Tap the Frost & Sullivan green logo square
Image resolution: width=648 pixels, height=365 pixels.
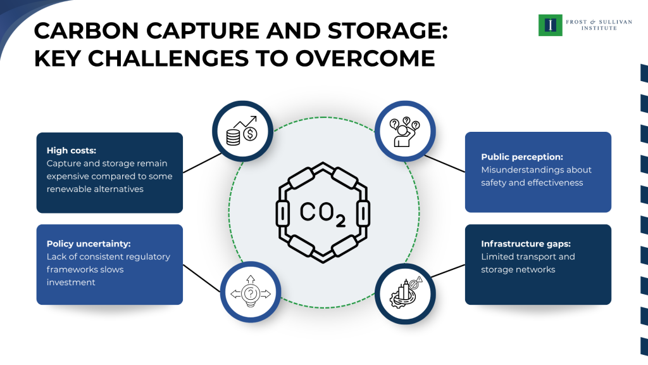coord(550,25)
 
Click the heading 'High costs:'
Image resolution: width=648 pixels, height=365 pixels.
coord(71,151)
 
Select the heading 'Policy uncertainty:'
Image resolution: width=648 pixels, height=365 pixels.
coord(85,243)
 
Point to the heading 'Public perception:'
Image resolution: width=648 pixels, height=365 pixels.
coord(521,157)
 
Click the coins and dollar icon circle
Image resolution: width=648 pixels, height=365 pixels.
coord(242,131)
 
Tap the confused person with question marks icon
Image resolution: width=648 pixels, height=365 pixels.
coord(405,131)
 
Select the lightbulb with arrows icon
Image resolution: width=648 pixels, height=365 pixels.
coord(250,293)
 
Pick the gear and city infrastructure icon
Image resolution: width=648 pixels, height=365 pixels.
coord(405,293)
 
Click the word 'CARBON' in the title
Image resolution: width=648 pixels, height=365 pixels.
coord(82,32)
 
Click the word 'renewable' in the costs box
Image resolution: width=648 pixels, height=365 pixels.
coord(66,189)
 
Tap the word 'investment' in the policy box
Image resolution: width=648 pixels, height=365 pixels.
coord(71,282)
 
